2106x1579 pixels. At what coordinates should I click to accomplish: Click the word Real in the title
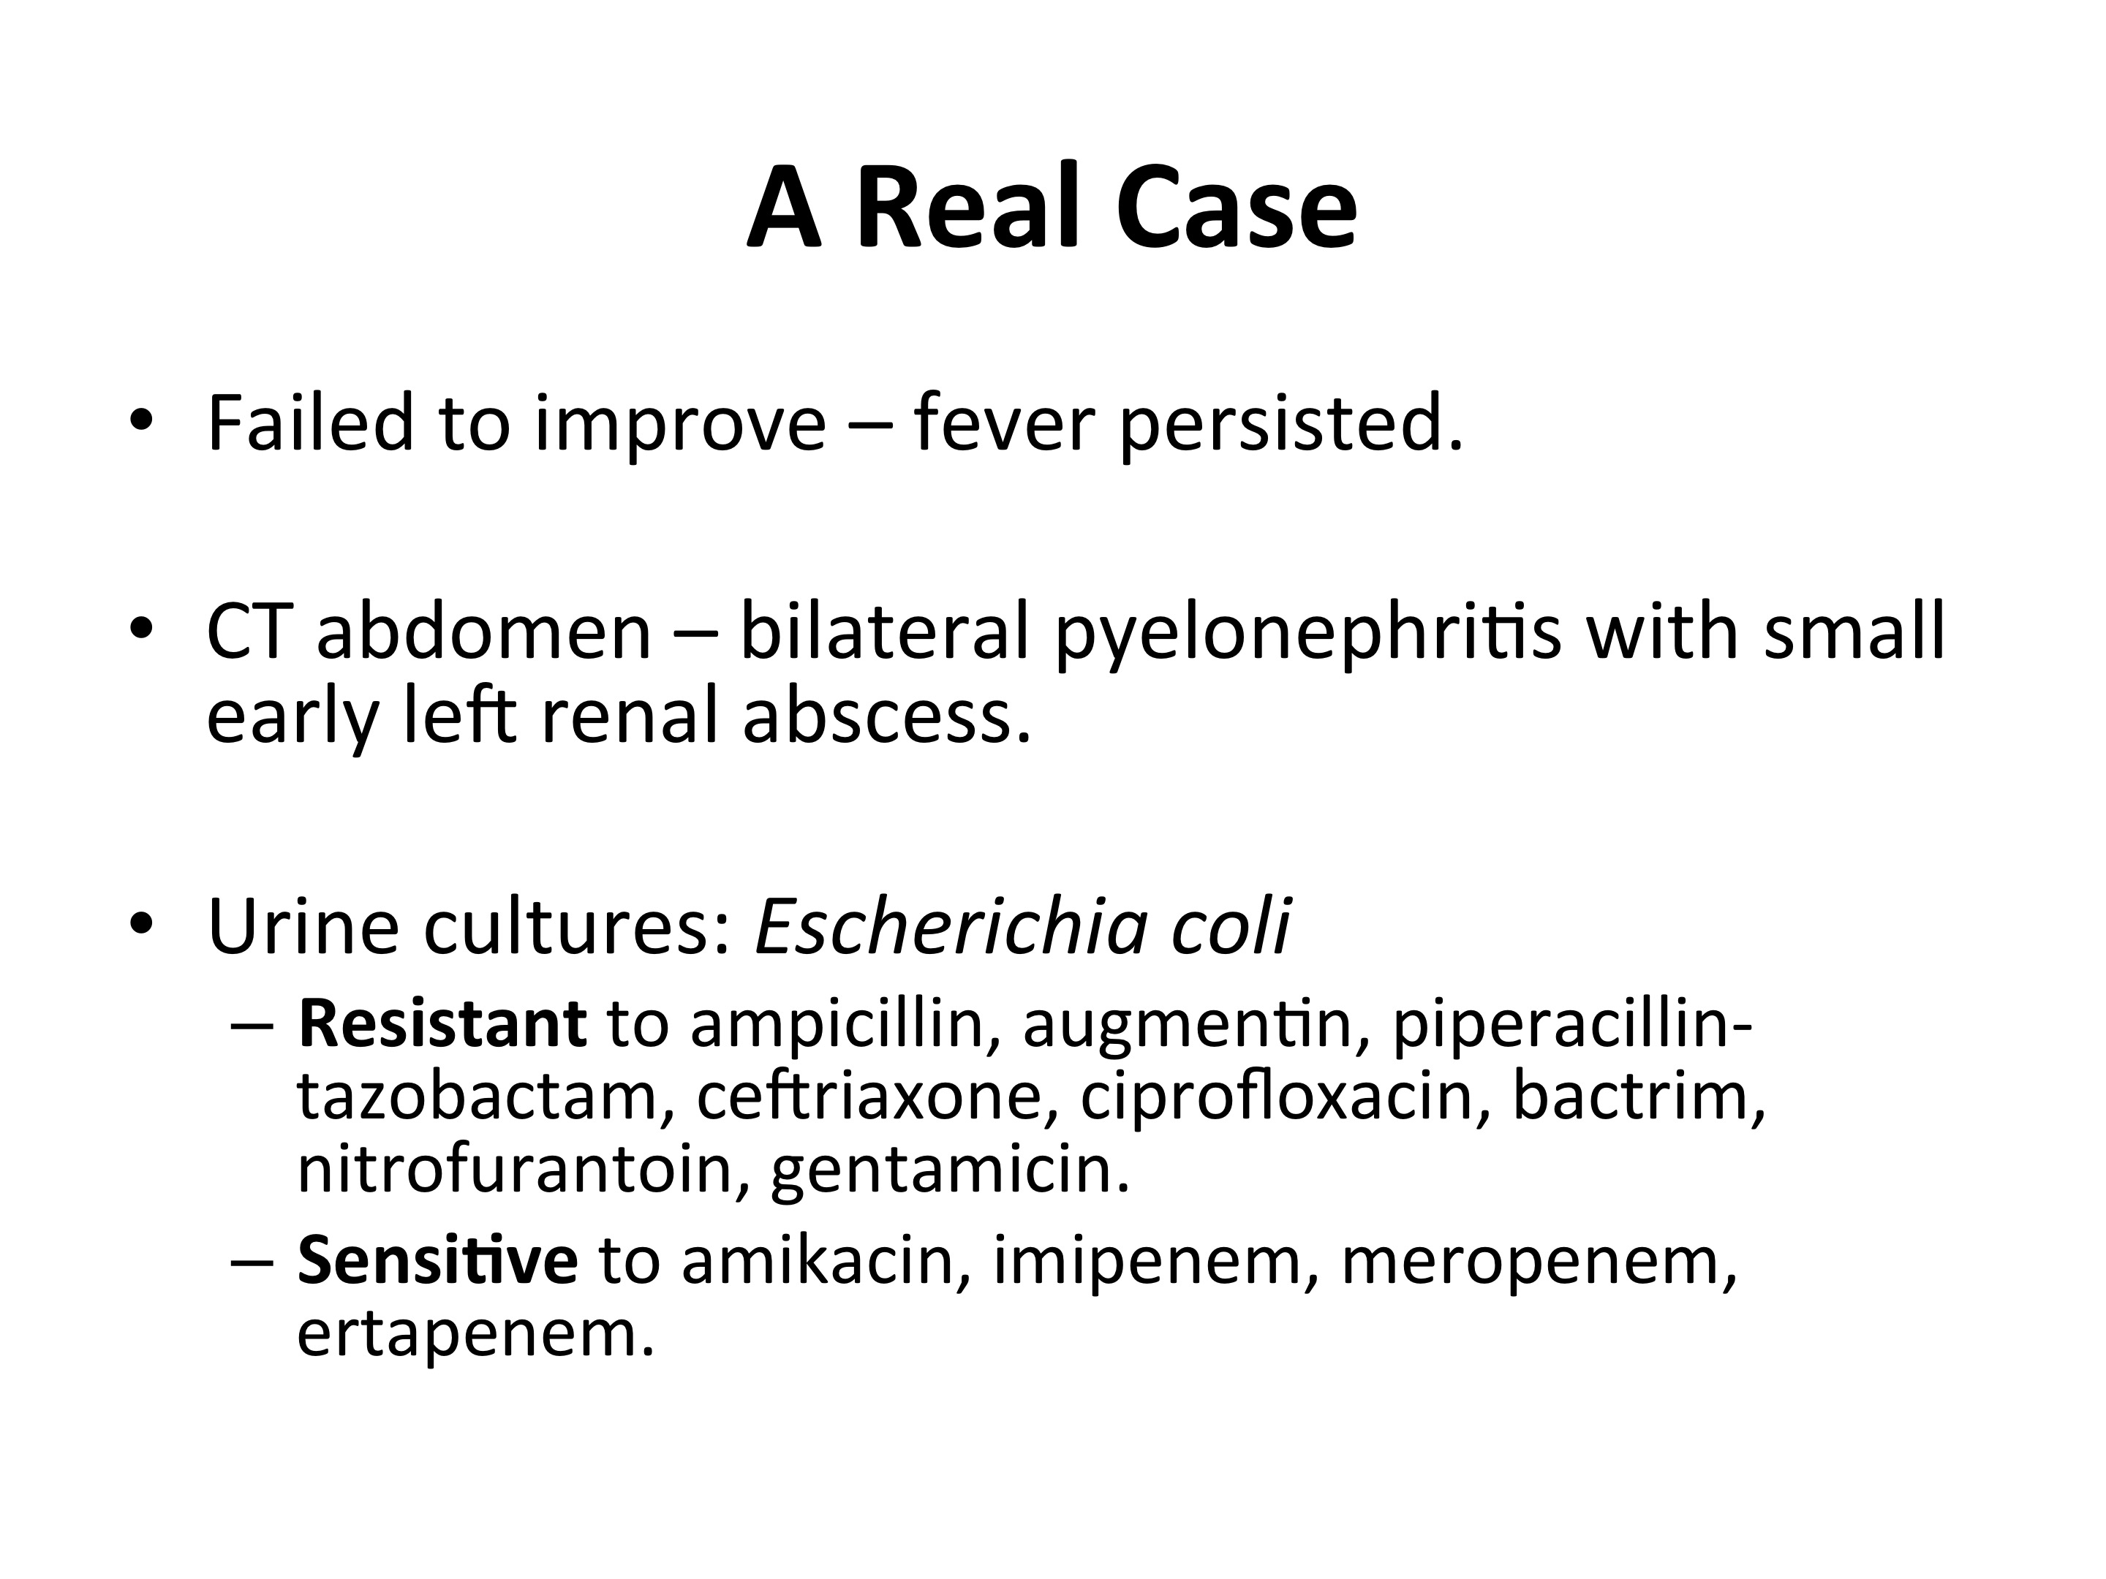tap(969, 208)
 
